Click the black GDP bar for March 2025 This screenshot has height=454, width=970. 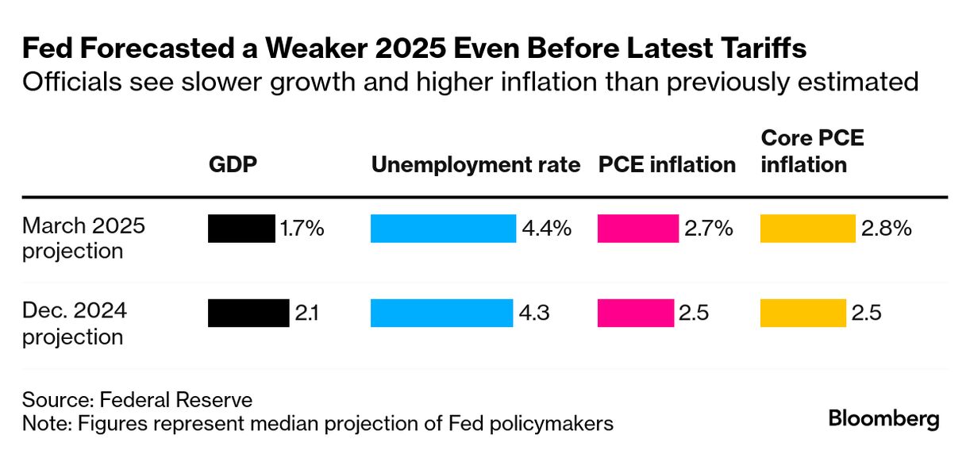tap(241, 229)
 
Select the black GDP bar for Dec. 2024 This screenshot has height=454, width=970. tap(248, 313)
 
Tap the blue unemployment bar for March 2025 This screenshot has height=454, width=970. tap(443, 229)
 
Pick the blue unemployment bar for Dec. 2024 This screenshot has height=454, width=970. tap(441, 313)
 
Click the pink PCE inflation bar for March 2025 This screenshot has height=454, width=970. tap(638, 229)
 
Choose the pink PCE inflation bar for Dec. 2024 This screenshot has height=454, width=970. tap(635, 313)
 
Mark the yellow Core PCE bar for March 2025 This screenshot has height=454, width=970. tap(807, 229)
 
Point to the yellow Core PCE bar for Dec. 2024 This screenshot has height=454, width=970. tap(803, 313)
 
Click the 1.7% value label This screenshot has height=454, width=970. tap(302, 229)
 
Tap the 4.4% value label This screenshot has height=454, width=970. tap(546, 229)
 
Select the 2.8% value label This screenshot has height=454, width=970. tap(887, 229)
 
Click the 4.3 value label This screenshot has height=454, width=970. tap(536, 313)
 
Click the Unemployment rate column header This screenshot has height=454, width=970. tap(475, 165)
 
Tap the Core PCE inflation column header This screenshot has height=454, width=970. tap(811, 152)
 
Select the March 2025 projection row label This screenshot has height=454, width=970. tap(83, 238)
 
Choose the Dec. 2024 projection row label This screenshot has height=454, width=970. tap(74, 323)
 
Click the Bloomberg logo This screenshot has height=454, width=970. tap(883, 418)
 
